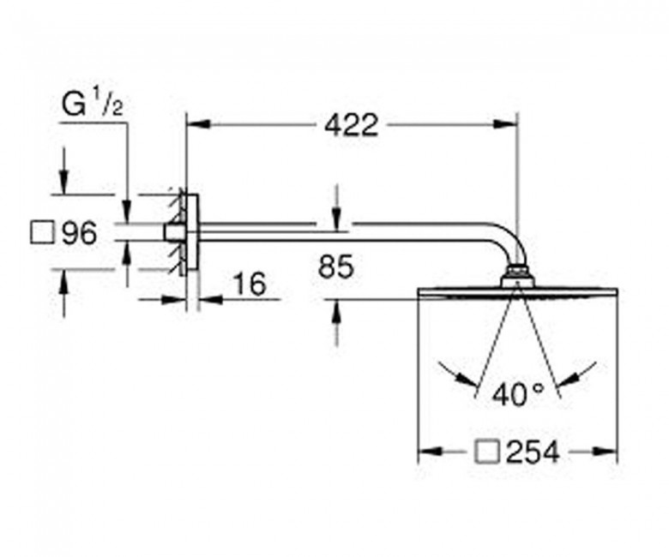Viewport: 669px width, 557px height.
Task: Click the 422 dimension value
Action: (351, 125)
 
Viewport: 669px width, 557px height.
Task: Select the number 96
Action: (80, 234)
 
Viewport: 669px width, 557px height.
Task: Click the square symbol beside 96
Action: (42, 233)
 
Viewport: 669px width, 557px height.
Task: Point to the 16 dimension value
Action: (250, 284)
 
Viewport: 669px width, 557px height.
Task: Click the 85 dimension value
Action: (336, 267)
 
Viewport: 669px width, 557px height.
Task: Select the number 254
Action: (532, 452)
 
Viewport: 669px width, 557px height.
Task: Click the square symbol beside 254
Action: (487, 451)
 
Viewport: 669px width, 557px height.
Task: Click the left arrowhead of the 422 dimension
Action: (198, 124)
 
